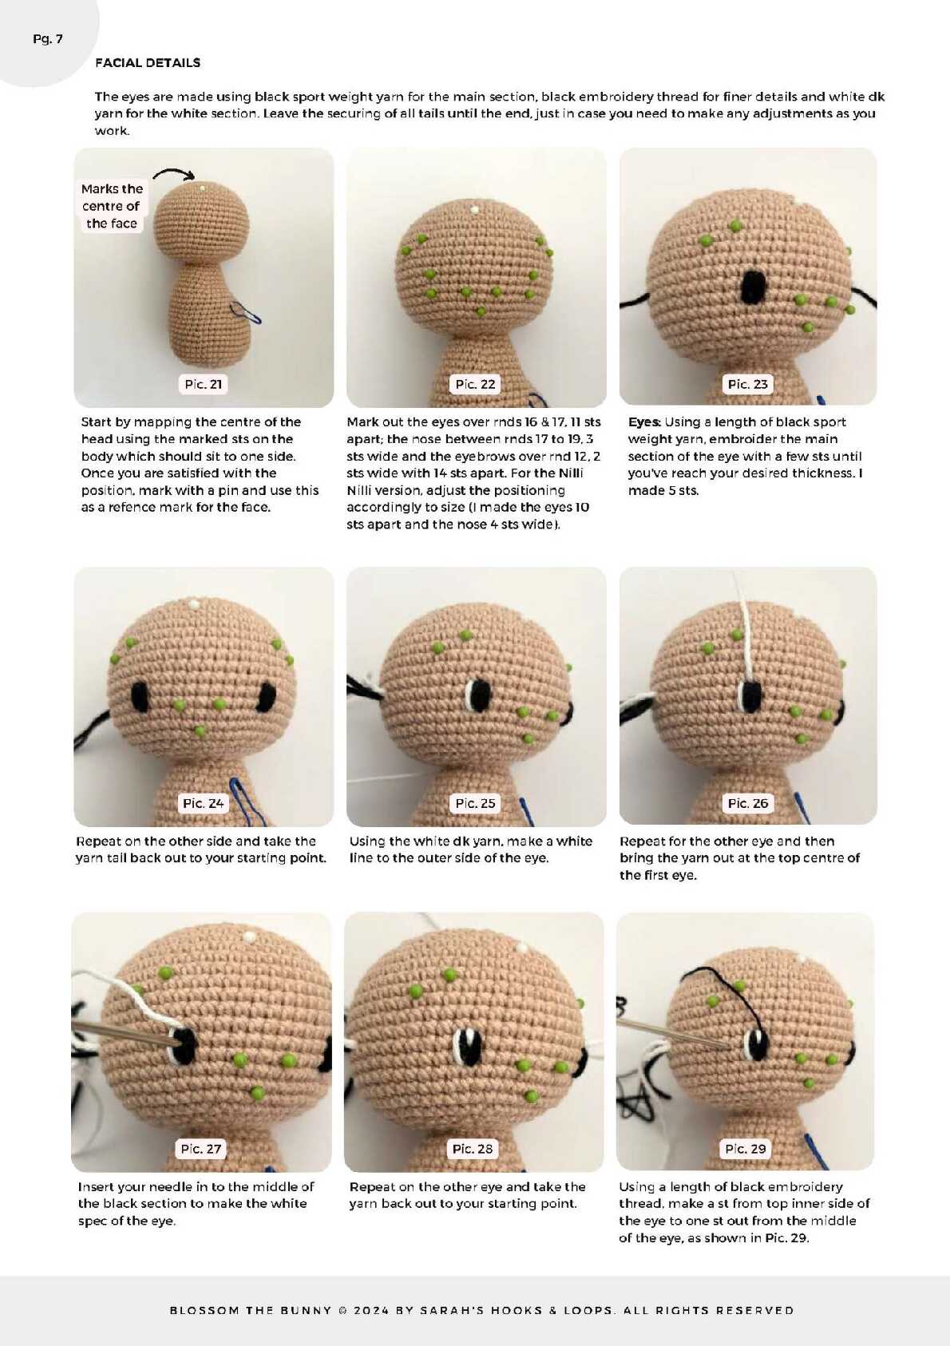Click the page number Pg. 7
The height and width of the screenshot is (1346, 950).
pos(47,39)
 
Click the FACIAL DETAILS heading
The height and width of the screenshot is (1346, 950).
pos(148,62)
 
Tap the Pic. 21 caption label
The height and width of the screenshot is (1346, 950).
pos(203,384)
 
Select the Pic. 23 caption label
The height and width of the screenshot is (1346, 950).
pos(747,384)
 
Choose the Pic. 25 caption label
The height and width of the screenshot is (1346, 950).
pos(475,803)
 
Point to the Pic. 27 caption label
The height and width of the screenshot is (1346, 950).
pos(200,1149)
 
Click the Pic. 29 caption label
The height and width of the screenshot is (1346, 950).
pos(745,1149)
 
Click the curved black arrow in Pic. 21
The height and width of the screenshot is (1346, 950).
pos(174,172)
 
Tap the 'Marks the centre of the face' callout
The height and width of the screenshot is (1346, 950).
pos(112,206)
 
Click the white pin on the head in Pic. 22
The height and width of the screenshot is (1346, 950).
pos(475,210)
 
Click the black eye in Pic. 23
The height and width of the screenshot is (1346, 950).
pos(752,287)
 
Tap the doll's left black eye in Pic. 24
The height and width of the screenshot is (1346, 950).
pos(140,696)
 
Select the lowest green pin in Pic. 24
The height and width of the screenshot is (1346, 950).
pos(200,731)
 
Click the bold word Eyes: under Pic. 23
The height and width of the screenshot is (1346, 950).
pos(644,422)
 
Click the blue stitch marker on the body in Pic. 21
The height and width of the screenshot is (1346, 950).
pos(246,312)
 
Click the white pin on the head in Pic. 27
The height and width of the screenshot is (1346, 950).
pos(248,936)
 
